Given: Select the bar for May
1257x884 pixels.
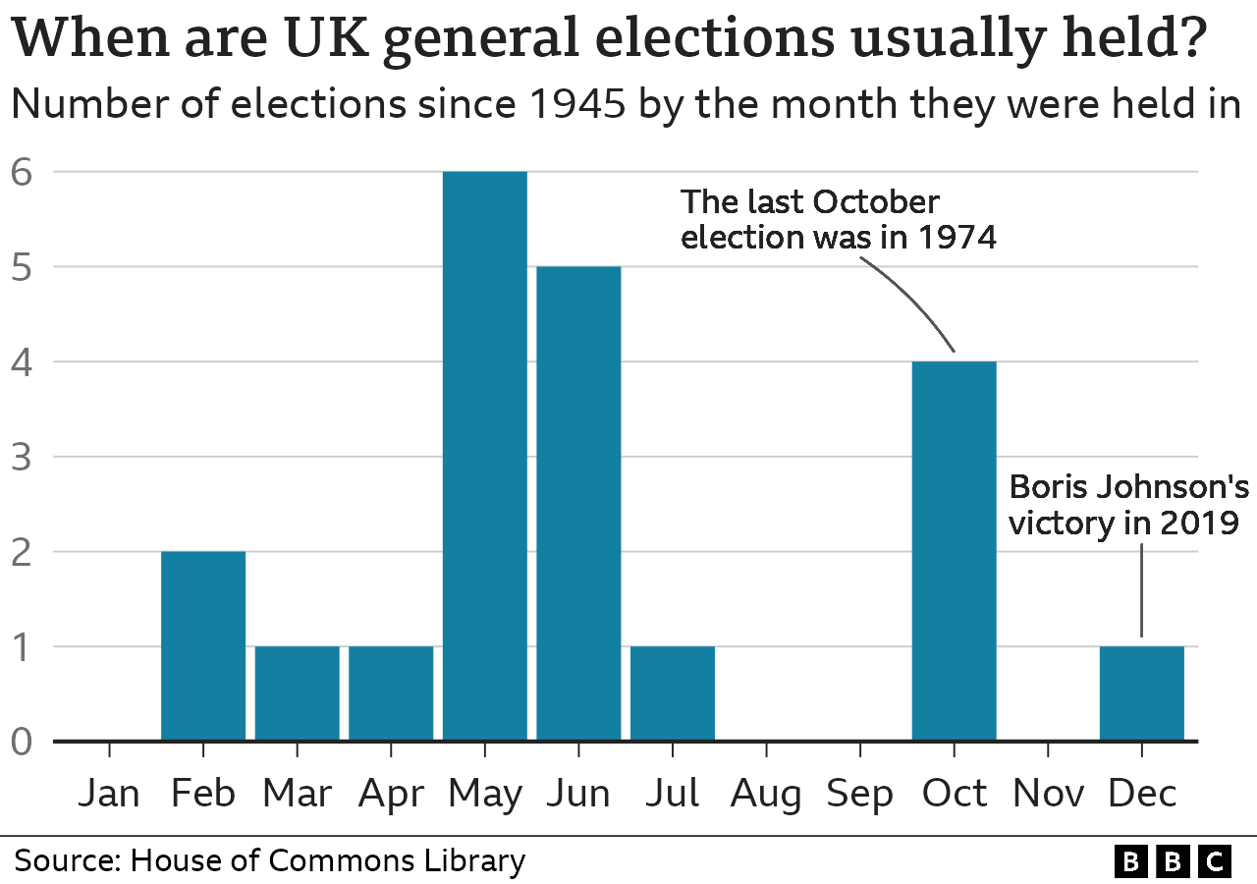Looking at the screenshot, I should (x=484, y=456).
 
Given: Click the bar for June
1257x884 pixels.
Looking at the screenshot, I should (x=578, y=503).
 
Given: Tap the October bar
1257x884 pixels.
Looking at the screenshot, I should (x=954, y=550).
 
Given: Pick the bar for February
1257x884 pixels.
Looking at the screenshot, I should (x=203, y=645).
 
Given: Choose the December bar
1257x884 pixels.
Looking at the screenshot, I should (x=1141, y=692).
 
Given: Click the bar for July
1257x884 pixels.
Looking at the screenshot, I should (x=672, y=692).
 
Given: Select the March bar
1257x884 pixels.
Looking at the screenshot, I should (x=297, y=692).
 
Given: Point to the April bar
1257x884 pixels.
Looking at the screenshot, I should (x=391, y=692).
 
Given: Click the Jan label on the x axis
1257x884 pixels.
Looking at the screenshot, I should (x=109, y=794).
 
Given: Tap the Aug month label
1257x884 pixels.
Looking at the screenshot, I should (x=766, y=794).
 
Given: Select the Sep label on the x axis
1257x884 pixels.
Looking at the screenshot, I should (x=859, y=794).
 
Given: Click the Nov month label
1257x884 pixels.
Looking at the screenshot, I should (x=1048, y=794).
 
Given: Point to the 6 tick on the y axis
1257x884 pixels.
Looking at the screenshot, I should (x=23, y=172).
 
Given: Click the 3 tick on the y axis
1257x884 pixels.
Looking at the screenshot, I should (x=23, y=457).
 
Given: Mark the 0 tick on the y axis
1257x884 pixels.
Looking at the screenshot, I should (x=23, y=742).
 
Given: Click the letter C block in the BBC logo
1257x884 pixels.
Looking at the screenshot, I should (x=1215, y=862).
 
